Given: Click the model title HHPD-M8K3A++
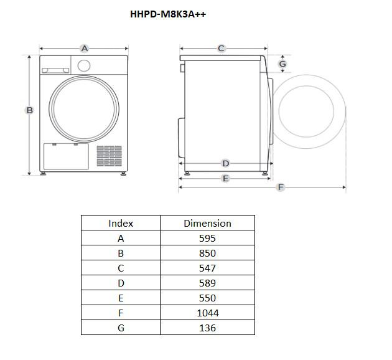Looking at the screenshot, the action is [168, 14].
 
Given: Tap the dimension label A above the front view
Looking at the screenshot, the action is [85, 49].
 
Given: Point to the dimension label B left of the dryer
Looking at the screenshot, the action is [29, 110].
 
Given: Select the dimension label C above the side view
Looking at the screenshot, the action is [221, 49].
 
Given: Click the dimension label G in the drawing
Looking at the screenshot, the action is [282, 64].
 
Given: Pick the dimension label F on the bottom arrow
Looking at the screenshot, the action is [281, 187].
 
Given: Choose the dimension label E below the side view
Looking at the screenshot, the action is [225, 178].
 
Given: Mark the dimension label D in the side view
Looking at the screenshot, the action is [225, 163].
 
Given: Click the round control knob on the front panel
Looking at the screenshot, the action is [84, 65].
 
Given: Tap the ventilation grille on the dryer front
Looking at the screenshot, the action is [110, 156].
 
